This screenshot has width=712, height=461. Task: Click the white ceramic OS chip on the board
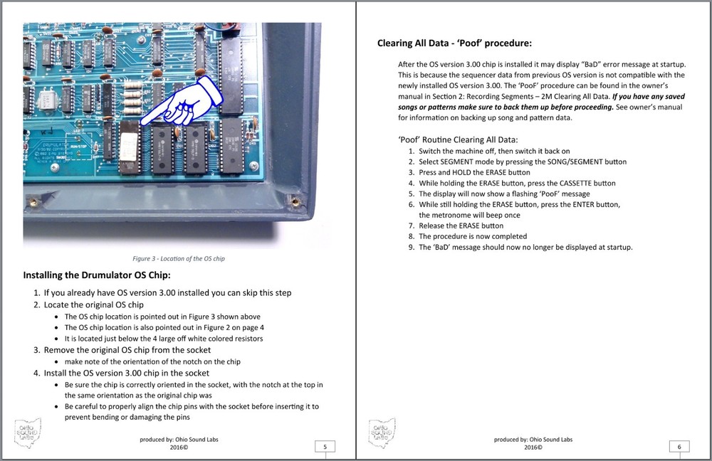[x=130, y=146]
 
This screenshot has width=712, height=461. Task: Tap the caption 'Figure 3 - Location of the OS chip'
[x=178, y=258]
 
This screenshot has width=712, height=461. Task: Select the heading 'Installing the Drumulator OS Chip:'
[x=97, y=275]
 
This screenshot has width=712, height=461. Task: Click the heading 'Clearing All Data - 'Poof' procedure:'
[x=454, y=43]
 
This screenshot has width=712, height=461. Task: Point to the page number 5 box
[x=325, y=447]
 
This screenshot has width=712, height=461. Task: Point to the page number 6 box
[x=679, y=447]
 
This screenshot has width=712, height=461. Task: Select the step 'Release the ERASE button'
[x=461, y=226]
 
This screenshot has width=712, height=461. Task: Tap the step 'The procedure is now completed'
[x=473, y=236]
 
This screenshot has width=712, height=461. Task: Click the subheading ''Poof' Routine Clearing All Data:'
[x=458, y=139]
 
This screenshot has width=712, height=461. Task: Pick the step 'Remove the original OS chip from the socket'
[x=127, y=350]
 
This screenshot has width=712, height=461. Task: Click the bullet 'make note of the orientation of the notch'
[x=152, y=361]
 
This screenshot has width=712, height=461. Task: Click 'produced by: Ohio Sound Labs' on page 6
[x=533, y=440]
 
